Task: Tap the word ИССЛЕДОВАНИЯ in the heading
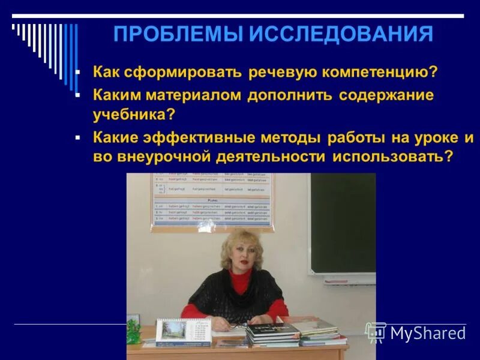341,34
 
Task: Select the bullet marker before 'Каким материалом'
77,95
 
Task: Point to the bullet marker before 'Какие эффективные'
77,137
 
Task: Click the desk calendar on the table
182,331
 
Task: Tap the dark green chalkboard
343,222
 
